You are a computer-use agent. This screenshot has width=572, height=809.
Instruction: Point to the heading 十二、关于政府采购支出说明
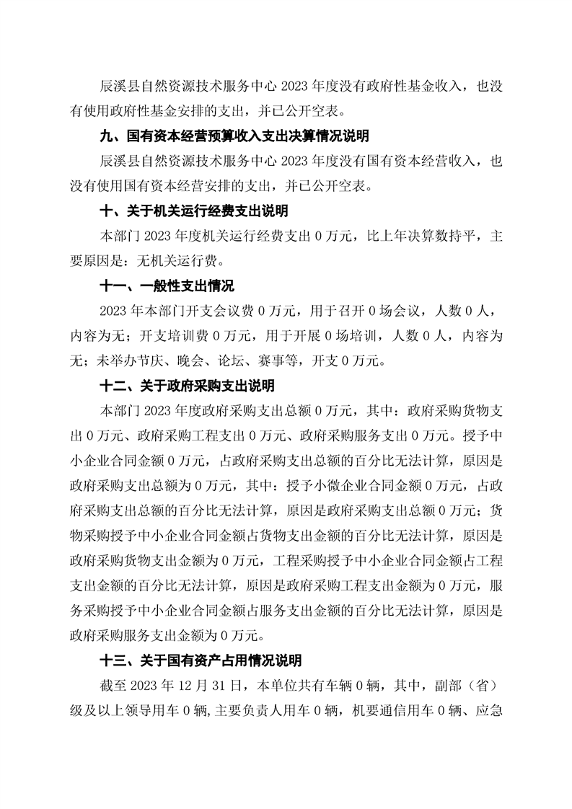click(x=187, y=386)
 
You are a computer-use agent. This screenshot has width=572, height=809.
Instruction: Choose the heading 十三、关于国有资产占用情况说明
click(x=201, y=660)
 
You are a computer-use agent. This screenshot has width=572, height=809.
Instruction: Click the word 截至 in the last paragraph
click(x=113, y=684)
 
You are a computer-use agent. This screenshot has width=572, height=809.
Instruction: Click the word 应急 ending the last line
click(x=497, y=709)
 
